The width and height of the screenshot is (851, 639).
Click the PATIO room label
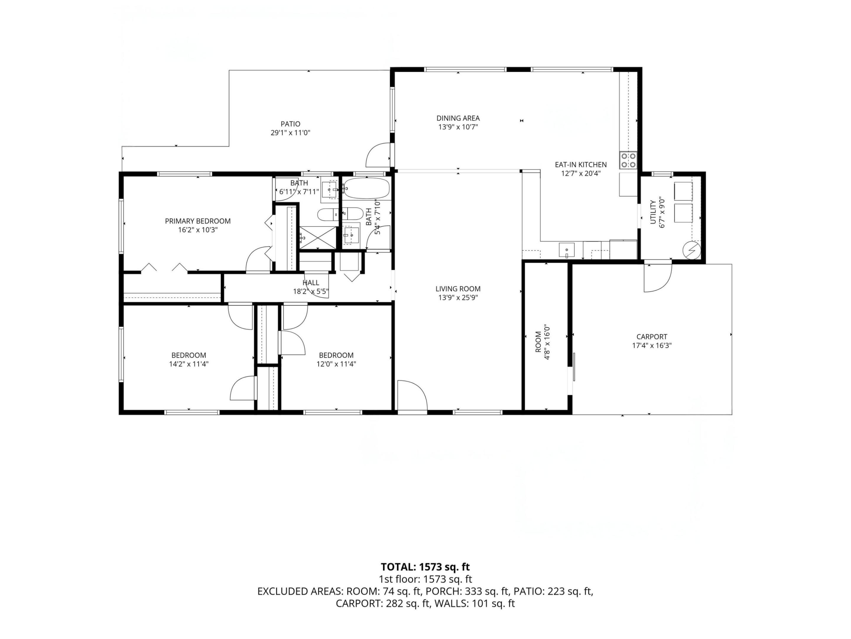click(x=290, y=124)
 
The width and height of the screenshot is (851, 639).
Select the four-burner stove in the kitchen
click(x=628, y=160)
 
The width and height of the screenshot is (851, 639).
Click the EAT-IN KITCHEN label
click(x=581, y=164)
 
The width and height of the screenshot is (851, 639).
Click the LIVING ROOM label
click(x=458, y=288)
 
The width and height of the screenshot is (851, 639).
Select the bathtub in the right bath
click(x=366, y=188)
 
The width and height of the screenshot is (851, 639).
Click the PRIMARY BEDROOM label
click(x=198, y=221)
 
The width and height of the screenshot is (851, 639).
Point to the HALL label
click(x=311, y=283)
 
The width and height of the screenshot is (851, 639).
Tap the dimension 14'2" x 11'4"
click(x=189, y=364)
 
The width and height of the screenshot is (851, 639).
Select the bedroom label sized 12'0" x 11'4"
click(x=336, y=355)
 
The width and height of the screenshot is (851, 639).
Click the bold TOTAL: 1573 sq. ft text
click(x=425, y=567)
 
